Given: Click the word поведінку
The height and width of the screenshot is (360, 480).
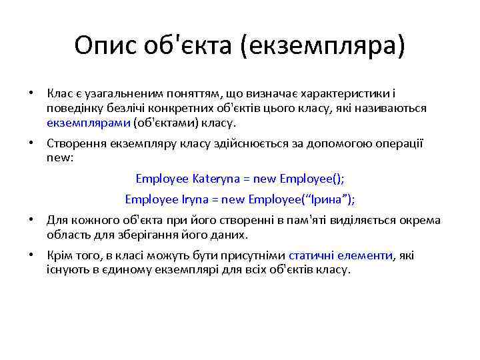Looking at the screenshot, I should click(x=70, y=108).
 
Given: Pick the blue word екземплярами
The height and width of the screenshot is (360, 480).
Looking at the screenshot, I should click(x=89, y=123).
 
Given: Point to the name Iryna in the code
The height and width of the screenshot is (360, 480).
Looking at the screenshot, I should click(x=200, y=199).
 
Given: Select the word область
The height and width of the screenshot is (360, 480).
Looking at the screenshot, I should click(x=67, y=235).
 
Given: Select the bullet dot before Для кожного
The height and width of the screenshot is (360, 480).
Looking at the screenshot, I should click(x=31, y=220).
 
